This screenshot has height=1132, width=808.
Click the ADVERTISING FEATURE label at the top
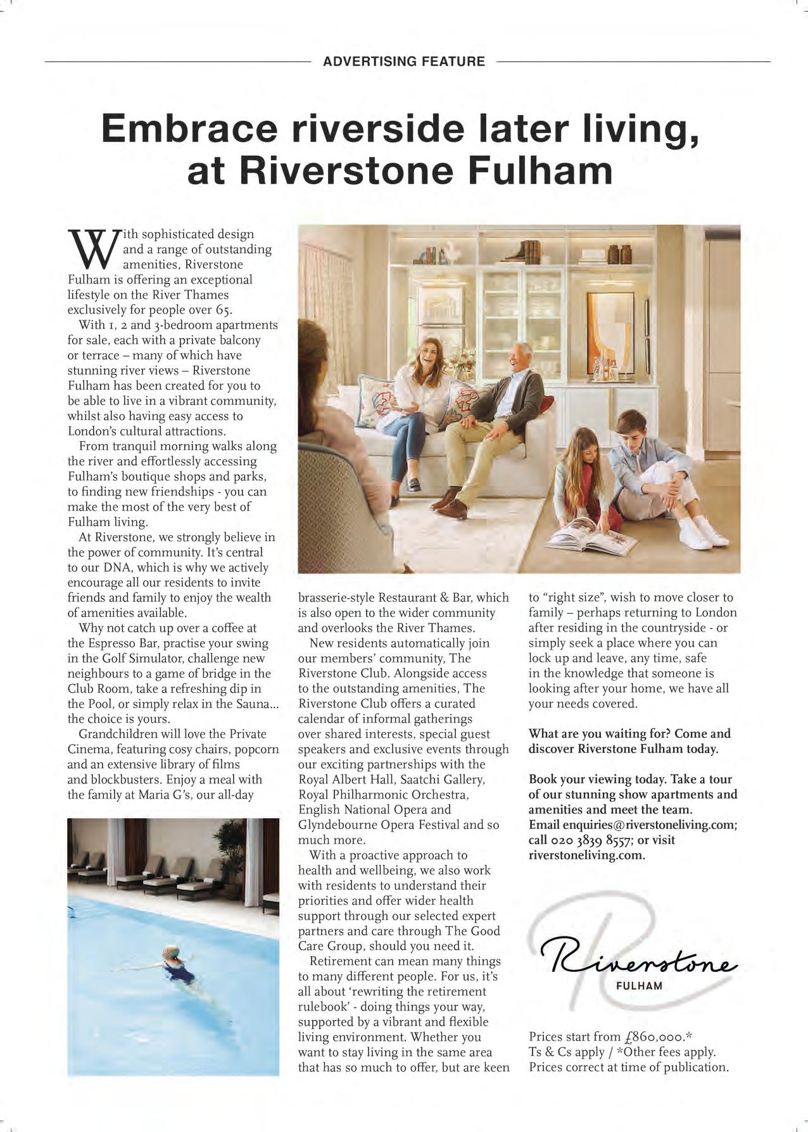tap(403, 61)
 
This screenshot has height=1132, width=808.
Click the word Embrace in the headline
tap(189, 128)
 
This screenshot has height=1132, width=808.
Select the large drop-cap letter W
tap(90, 250)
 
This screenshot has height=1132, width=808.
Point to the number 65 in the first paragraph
tap(224, 310)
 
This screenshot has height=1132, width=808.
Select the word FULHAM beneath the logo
tap(639, 986)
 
